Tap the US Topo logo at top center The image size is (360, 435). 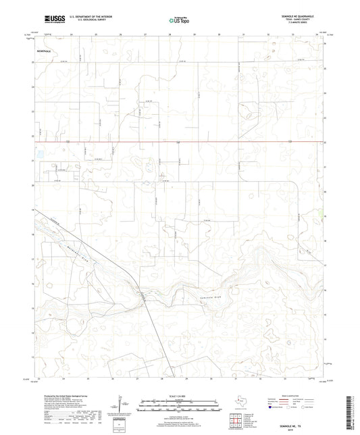pyautogui.click(x=179, y=21)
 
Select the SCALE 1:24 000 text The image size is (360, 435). pyautogui.click(x=180, y=396)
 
